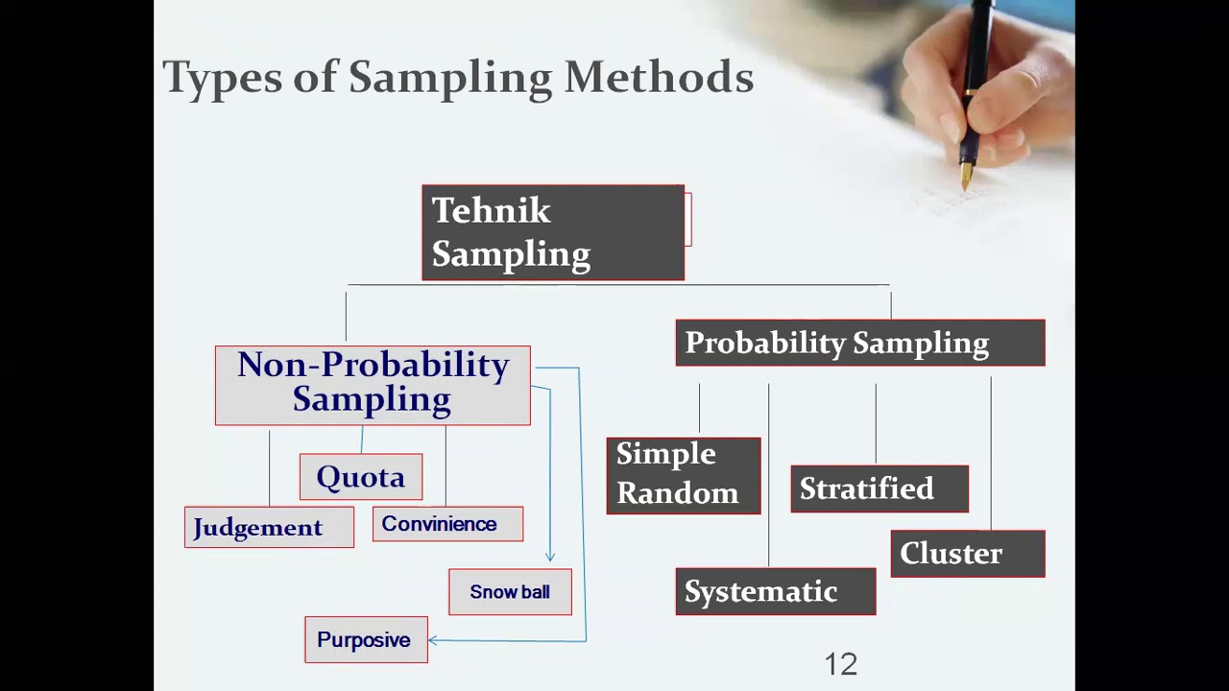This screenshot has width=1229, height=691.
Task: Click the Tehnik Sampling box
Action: (552, 232)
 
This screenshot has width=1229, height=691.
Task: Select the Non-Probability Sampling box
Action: (373, 385)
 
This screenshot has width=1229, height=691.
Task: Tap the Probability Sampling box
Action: (859, 343)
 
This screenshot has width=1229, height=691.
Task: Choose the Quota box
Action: (360, 477)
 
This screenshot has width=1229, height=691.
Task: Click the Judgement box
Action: (269, 527)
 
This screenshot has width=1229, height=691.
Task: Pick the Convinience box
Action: (447, 524)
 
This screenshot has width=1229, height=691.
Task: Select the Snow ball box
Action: (510, 592)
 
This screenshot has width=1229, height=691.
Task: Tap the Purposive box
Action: (366, 639)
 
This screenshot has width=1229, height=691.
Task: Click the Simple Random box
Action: (683, 475)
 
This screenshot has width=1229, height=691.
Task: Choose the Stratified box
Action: (879, 488)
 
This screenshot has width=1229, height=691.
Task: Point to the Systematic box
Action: (775, 591)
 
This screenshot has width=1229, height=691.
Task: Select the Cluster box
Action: (967, 554)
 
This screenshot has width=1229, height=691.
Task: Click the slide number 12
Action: (840, 664)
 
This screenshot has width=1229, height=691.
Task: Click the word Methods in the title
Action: (659, 78)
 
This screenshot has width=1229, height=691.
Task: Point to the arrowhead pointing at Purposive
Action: (433, 640)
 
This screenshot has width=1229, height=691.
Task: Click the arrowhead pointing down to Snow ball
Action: (550, 556)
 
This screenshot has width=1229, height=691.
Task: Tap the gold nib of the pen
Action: (966, 177)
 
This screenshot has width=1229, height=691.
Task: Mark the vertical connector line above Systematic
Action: (768, 475)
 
